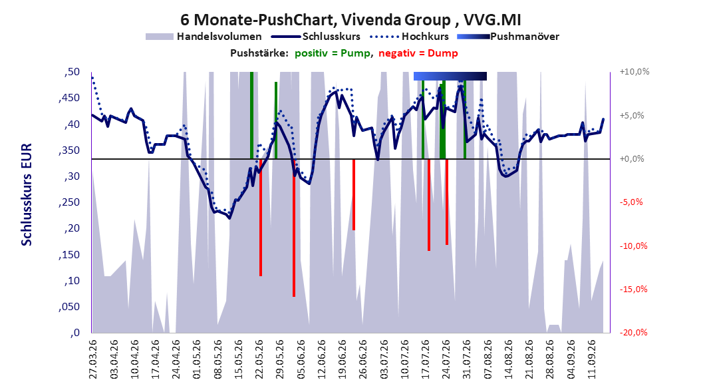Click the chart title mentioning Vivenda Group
coord(350,20)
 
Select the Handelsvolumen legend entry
coord(204,37)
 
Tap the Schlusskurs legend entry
coord(316,37)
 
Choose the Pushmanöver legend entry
coord(508,37)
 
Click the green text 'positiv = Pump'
coord(333,53)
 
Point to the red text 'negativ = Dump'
coord(418,53)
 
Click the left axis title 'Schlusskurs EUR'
coord(27,194)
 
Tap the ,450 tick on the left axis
coord(69,98)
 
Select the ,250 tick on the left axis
coord(69,202)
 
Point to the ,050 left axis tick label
coord(69,307)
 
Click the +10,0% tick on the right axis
coord(634,72)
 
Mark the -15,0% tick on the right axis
coord(633,290)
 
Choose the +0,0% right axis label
coord(632,159)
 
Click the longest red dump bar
coord(294,228)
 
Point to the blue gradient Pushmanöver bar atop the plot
coord(450,76)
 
